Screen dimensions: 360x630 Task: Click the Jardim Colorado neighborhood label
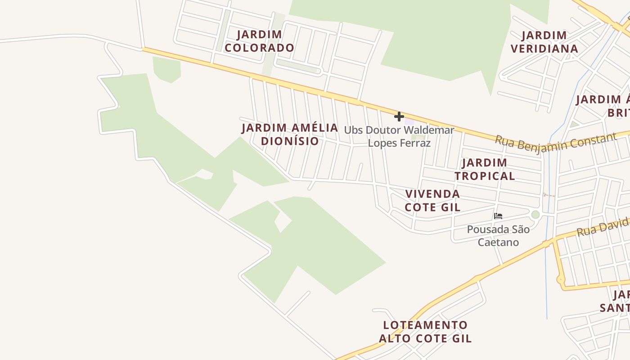click(260, 41)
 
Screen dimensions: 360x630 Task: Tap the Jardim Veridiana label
click(544, 42)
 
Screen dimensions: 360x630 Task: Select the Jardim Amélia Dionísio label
click(290, 134)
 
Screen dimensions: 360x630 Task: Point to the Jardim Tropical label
click(485, 169)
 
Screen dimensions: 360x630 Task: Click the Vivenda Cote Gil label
click(432, 200)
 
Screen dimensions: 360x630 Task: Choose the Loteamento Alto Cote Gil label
click(425, 332)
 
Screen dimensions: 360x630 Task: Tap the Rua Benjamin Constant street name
click(556, 143)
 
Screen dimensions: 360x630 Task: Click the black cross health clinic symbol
click(399, 117)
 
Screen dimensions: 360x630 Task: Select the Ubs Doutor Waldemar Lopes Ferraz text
click(399, 136)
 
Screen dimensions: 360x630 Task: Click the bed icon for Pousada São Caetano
click(498, 216)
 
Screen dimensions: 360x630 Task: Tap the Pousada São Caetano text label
click(498, 236)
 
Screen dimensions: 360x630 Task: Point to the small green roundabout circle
click(535, 215)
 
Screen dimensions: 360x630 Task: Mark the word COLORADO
click(260, 48)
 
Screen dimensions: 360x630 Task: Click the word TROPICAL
click(485, 176)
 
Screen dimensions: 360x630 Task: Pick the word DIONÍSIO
click(290, 141)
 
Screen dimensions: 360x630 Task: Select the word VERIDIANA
click(544, 49)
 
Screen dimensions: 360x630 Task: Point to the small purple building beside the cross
click(409, 121)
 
